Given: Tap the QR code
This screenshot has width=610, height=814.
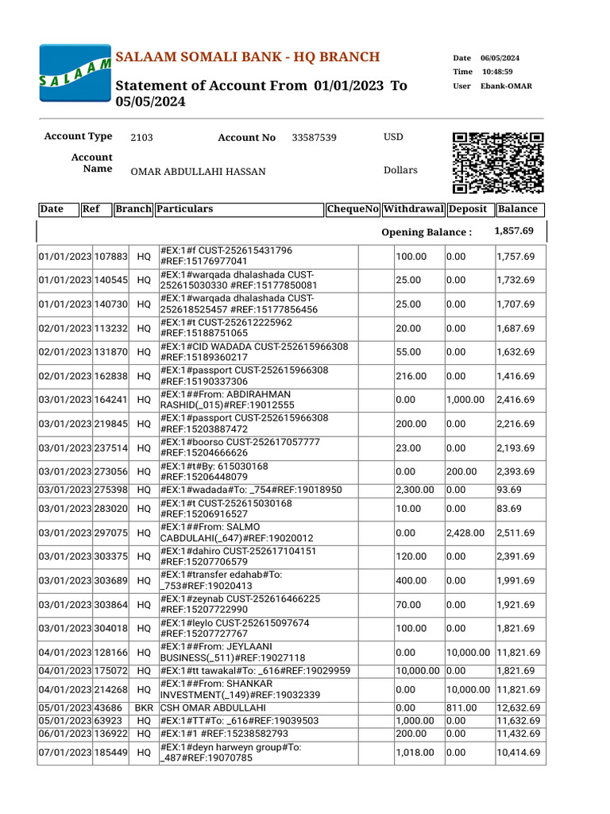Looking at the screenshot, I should click(498, 163).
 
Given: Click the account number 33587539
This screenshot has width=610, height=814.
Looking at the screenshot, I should click(314, 138).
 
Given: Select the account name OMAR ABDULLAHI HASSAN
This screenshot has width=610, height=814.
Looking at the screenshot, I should click(198, 172).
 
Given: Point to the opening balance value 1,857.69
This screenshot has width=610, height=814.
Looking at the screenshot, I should click(514, 231).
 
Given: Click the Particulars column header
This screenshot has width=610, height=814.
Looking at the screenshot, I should click(185, 209).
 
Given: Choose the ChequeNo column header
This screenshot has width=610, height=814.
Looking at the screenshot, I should click(353, 209).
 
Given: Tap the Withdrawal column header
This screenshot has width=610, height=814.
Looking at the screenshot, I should click(413, 209).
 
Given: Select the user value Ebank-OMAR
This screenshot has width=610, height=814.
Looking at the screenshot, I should click(506, 86).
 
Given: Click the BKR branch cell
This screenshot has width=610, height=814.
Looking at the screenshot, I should click(144, 707).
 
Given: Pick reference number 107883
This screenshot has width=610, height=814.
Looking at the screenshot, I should click(111, 257).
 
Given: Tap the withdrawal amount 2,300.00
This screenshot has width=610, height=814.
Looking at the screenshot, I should click(415, 489).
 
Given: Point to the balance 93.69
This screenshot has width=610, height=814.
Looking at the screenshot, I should click(509, 489).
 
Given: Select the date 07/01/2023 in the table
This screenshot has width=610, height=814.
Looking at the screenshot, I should click(65, 753).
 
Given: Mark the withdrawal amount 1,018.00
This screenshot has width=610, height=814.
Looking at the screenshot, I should click(411, 753).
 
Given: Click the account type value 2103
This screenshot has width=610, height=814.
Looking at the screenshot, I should click(141, 138).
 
